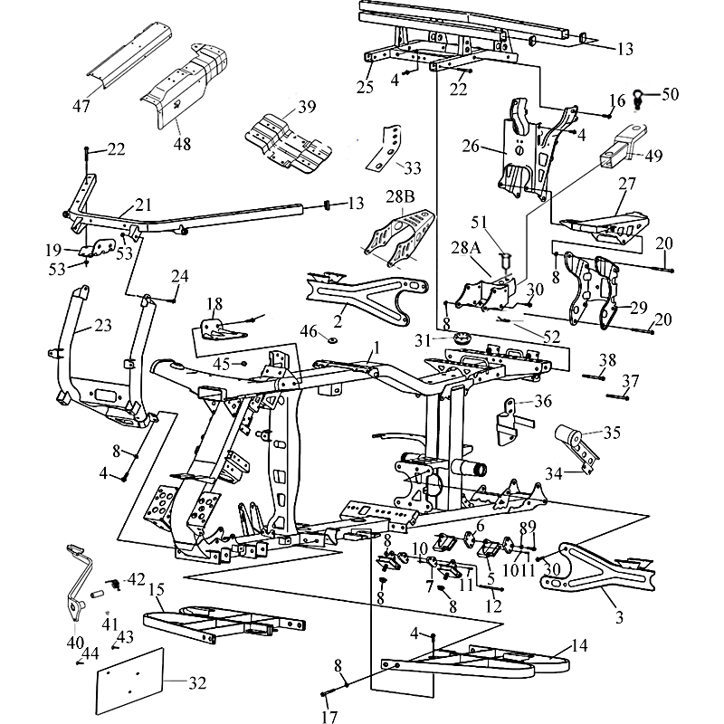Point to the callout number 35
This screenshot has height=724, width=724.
coord(613,433)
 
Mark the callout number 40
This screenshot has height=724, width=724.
coord(74,643)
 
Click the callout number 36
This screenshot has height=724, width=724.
coord(542,399)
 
